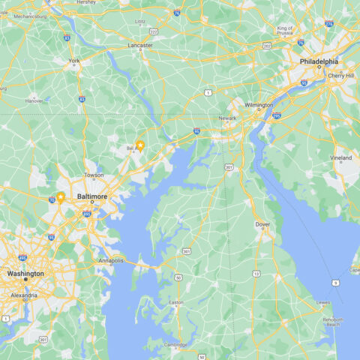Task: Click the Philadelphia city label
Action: (x=319, y=61)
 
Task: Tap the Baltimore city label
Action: (x=92, y=196)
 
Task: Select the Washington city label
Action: (x=25, y=274)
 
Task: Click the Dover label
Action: (x=262, y=223)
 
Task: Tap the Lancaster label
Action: (x=140, y=45)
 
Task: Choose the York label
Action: (x=73, y=61)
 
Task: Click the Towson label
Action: (x=94, y=175)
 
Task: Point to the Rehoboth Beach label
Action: (x=333, y=321)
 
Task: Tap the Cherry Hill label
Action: (x=340, y=75)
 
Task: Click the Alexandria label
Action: (x=24, y=295)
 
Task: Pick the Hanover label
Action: (x=34, y=100)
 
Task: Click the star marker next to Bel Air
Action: (x=140, y=145)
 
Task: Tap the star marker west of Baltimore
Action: (x=60, y=197)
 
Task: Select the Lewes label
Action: (x=323, y=302)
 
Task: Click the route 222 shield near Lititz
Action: (x=153, y=31)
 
